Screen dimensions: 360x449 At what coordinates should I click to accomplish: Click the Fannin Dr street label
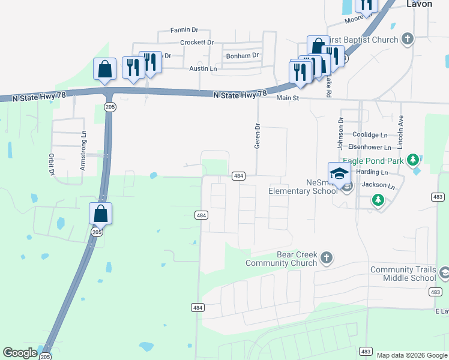coord(184,29)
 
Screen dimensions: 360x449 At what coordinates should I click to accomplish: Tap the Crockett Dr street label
coord(197,43)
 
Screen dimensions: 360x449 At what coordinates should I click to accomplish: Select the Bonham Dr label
coord(242,55)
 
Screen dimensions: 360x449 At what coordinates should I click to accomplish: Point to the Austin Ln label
coord(203,69)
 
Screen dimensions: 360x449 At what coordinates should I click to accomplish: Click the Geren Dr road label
coord(258,136)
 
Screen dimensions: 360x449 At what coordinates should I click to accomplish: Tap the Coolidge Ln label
coord(370,135)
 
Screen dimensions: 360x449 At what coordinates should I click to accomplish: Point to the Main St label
coord(288,97)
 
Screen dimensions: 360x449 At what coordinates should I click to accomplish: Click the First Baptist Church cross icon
coord(408,40)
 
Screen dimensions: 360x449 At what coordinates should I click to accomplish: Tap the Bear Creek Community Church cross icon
coord(326,257)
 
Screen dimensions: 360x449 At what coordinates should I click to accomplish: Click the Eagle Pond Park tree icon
coord(412,160)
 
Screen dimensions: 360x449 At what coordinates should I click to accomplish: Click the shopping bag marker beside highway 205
coord(101,214)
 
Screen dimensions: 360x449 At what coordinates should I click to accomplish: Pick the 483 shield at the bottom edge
coord(366,351)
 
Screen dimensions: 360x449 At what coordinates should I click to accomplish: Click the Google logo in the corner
coord(20,353)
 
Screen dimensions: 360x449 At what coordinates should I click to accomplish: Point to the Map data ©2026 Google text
coord(411,355)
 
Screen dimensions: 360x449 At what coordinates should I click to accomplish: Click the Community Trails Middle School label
coord(403,274)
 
